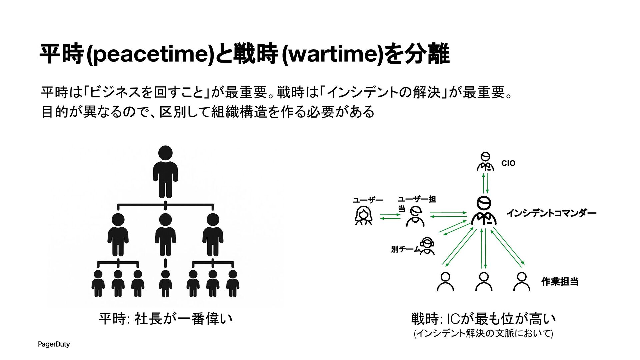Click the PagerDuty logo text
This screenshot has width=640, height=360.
click(x=54, y=344)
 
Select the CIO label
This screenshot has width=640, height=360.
click(x=508, y=163)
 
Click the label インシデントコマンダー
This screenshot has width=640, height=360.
click(x=551, y=213)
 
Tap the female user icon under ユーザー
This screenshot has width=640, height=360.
click(x=363, y=216)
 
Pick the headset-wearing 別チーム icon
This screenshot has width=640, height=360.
click(x=427, y=246)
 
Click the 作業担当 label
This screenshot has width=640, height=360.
click(x=560, y=282)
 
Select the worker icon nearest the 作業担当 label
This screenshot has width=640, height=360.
click(x=522, y=282)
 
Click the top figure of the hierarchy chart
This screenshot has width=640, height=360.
click(x=165, y=172)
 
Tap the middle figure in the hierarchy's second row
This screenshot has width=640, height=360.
click(x=165, y=235)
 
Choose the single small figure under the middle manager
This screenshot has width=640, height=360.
click(x=165, y=283)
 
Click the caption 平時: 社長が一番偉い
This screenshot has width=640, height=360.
click(x=165, y=319)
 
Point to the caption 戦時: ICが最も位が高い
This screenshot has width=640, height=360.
click(x=483, y=319)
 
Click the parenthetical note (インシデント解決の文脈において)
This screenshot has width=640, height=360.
click(x=483, y=333)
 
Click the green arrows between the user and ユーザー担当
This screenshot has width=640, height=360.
click(x=390, y=217)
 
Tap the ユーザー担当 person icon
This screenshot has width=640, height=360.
click(x=415, y=216)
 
